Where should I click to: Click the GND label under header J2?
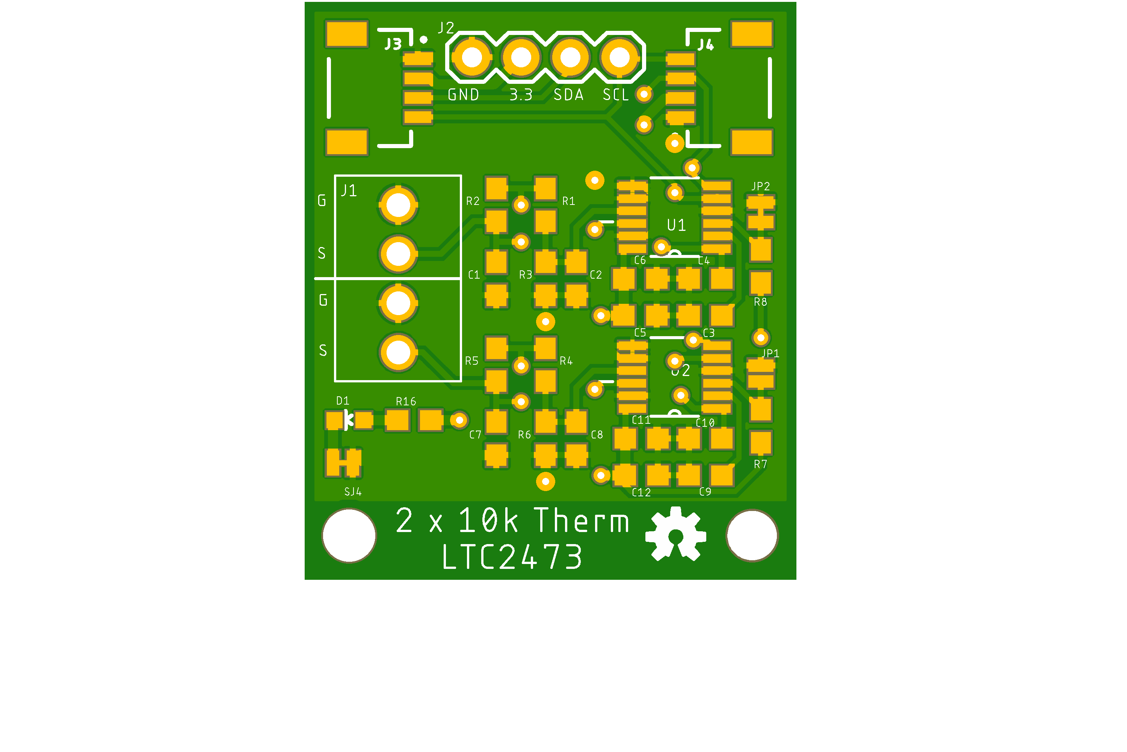pos(463,95)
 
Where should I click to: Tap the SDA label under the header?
pos(568,95)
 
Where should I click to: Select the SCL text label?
pos(616,95)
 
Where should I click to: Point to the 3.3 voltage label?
pos(521,95)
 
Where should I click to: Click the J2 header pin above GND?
pos(472,58)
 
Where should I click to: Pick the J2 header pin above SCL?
pos(619,58)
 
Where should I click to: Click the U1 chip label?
pos(676,225)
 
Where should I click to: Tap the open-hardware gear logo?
pos(675,534)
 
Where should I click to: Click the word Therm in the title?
pos(582,521)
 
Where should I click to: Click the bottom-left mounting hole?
pos(349,535)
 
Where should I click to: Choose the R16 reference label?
pos(406,402)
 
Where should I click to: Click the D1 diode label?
pos(343,401)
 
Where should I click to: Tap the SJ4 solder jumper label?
pos(353,491)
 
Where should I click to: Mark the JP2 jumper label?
pos(760,186)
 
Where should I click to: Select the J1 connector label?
pos(349,191)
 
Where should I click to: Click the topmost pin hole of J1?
pos(398,205)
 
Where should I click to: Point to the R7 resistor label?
pos(760,464)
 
